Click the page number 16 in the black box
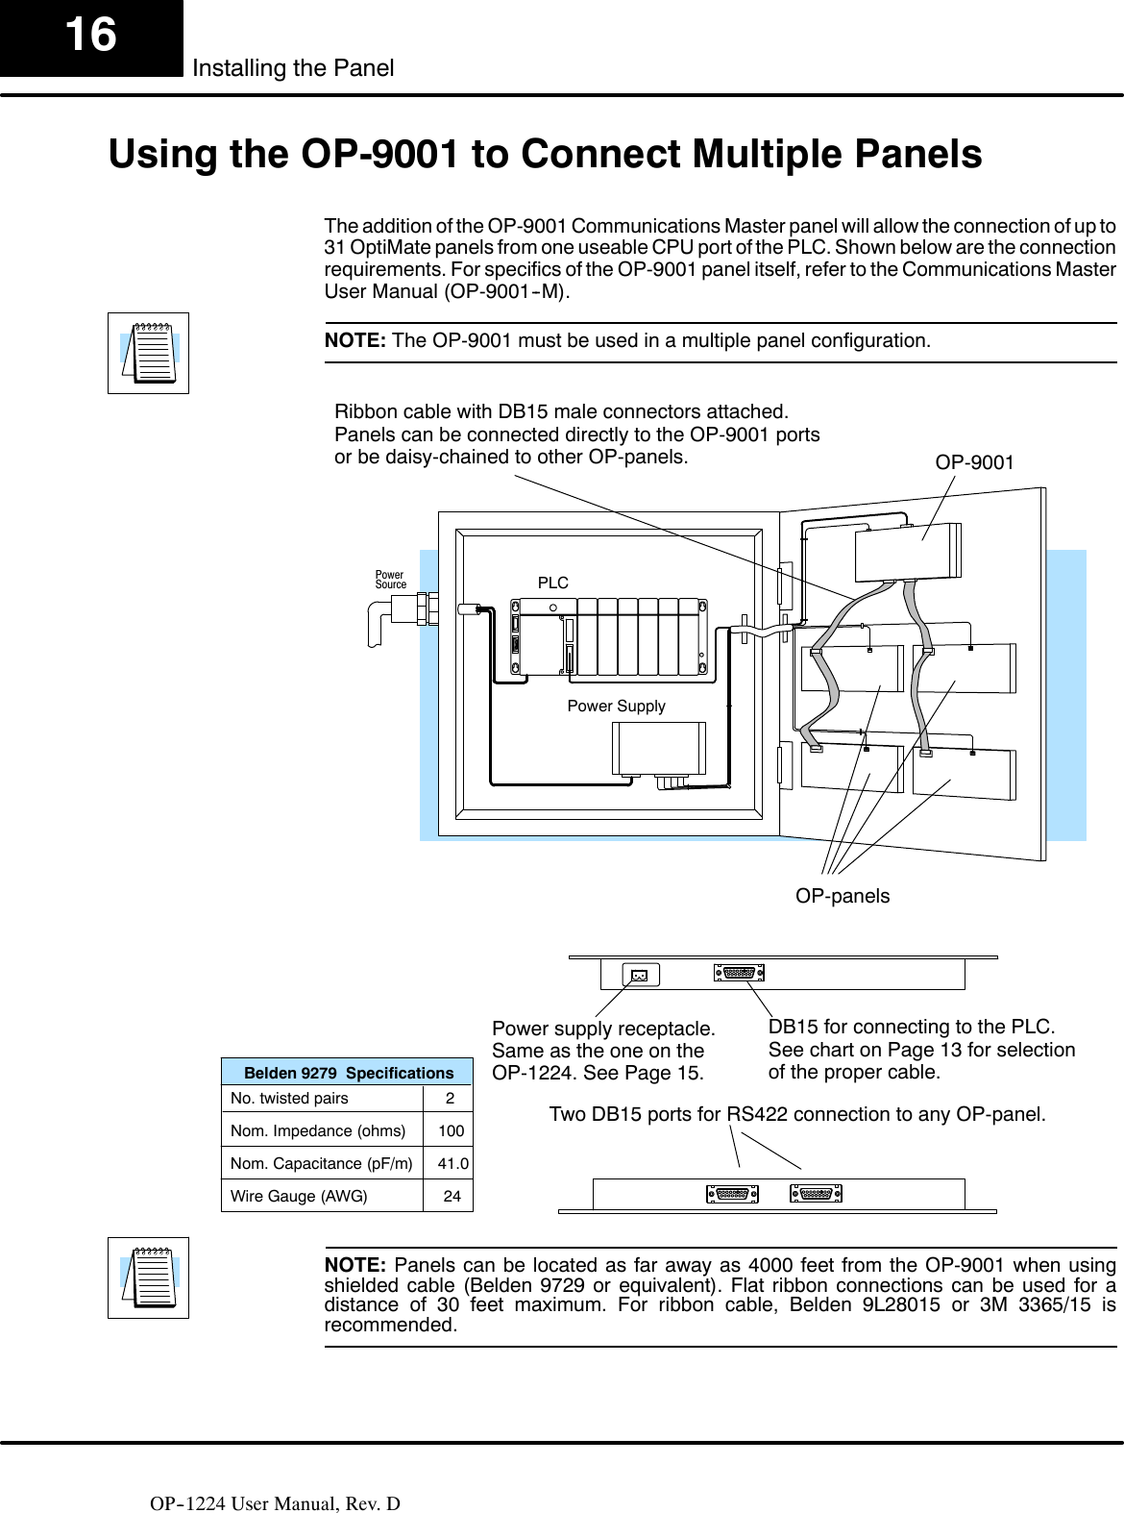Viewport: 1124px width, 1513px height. click(90, 36)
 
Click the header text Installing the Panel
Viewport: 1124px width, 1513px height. click(293, 68)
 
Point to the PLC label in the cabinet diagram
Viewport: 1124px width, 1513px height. click(552, 583)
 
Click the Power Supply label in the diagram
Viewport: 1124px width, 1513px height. click(616, 706)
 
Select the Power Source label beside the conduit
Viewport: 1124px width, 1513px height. click(390, 580)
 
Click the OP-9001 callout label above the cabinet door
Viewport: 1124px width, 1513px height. click(974, 462)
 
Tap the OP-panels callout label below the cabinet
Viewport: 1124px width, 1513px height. click(843, 896)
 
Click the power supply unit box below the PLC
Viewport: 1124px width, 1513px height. click(659, 748)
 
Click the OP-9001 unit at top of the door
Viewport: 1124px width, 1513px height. click(907, 552)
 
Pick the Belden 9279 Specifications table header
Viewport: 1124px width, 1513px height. click(348, 1073)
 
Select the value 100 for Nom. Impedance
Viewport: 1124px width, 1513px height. click(451, 1131)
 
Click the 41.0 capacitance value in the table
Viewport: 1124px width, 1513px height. click(452, 1164)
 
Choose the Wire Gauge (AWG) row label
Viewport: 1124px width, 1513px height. click(299, 1197)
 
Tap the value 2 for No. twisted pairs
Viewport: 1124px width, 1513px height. click(450, 1098)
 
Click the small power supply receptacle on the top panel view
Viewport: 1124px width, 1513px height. click(640, 976)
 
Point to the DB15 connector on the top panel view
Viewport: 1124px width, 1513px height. click(739, 973)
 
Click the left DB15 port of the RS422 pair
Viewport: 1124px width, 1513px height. click(732, 1194)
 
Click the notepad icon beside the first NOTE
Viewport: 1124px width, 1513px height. click(148, 353)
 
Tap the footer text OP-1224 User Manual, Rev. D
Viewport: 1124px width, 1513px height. click(275, 1503)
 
